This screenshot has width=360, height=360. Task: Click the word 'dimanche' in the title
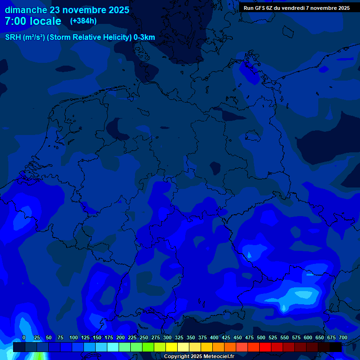click(x=26, y=10)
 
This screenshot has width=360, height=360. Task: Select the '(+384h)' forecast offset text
click(x=83, y=21)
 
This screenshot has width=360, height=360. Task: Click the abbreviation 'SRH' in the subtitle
click(x=13, y=37)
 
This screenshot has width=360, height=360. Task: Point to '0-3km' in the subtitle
click(x=144, y=37)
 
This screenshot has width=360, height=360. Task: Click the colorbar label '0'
click(x=24, y=337)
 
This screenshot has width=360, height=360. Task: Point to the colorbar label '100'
click(x=74, y=337)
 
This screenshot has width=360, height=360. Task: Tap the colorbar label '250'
click(x=144, y=337)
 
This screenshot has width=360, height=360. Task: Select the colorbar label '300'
click(x=167, y=337)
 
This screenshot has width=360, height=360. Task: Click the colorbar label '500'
click(x=261, y=337)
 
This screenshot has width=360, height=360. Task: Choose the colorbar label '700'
click(x=343, y=337)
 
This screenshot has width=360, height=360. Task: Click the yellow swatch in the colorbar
click(x=172, y=347)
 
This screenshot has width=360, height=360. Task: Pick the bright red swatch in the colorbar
click(x=265, y=347)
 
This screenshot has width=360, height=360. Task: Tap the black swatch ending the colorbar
click(x=336, y=347)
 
